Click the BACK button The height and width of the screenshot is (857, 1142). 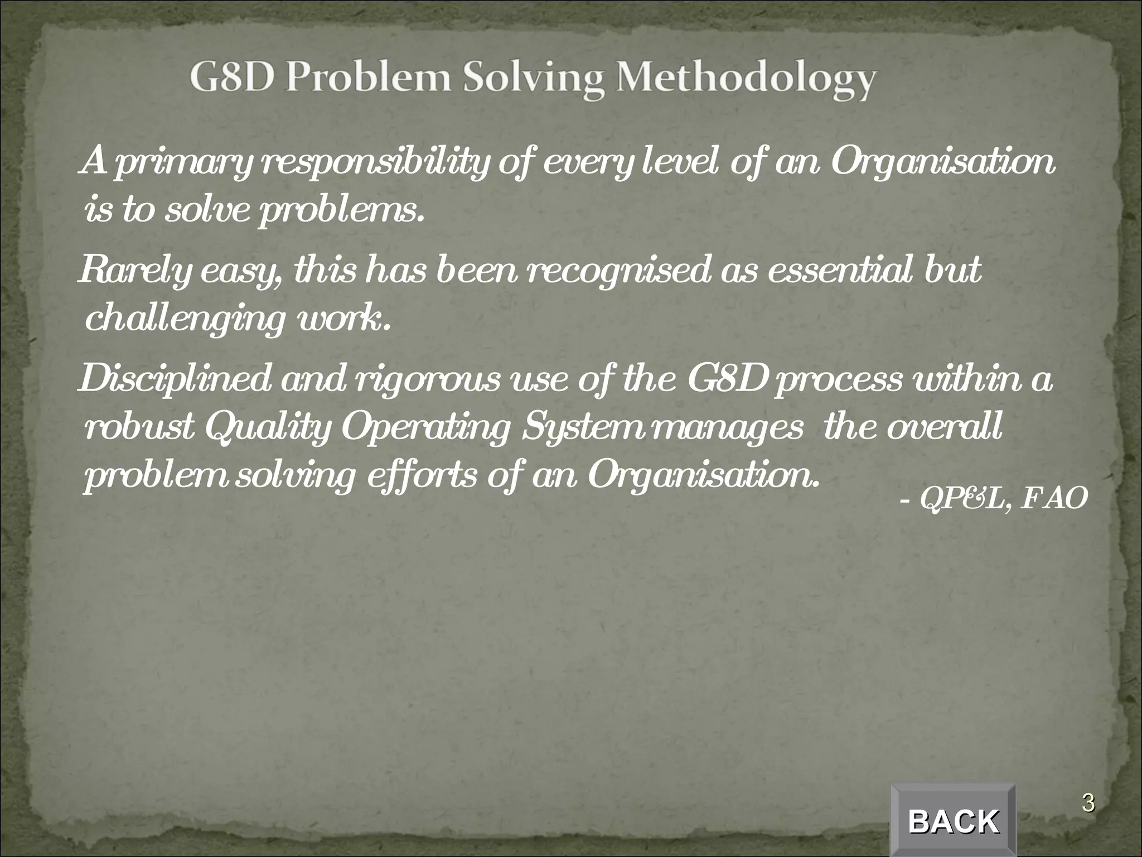coord(953,821)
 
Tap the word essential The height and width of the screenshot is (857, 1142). coord(829,270)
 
